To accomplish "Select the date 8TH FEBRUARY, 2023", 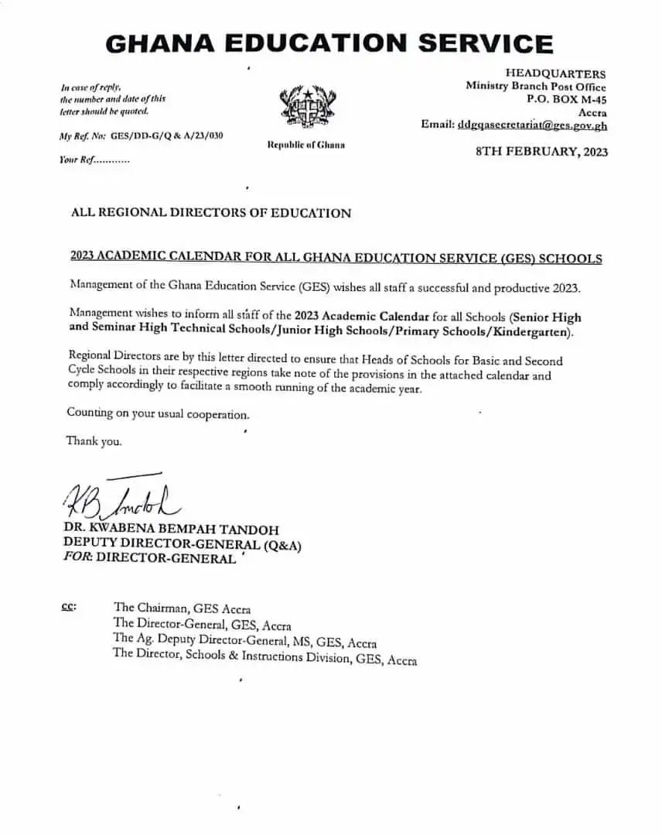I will (x=541, y=152).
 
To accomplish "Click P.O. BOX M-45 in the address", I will (x=566, y=99).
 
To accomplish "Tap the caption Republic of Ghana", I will (x=306, y=145).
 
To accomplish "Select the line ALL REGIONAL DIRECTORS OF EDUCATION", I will (x=210, y=213).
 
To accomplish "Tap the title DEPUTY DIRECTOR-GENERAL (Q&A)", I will (x=183, y=545).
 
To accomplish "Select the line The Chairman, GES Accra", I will (x=182, y=608).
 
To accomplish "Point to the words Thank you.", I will (x=94, y=441).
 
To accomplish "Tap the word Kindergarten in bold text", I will (x=532, y=332).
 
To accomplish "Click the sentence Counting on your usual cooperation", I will (x=158, y=414).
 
